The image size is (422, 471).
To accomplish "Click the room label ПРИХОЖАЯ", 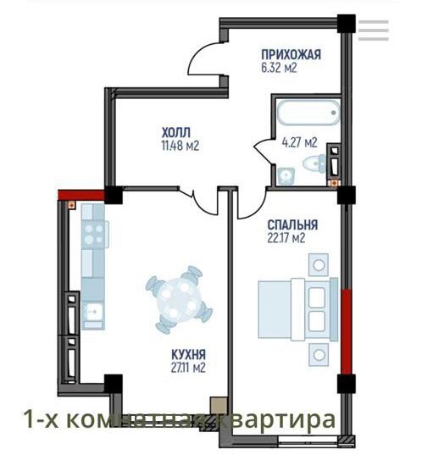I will point(290,55).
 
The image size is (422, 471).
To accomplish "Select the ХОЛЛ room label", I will point(175,131).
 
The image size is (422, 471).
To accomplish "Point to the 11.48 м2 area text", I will point(180,145).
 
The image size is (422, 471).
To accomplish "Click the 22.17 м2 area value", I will point(286,238).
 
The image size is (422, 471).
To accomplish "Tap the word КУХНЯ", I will point(187,354).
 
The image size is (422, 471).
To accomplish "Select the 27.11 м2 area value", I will point(187,368).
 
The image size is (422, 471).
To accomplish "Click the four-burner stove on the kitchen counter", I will point(92,231).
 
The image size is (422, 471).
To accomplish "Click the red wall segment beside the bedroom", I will point(344,331).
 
